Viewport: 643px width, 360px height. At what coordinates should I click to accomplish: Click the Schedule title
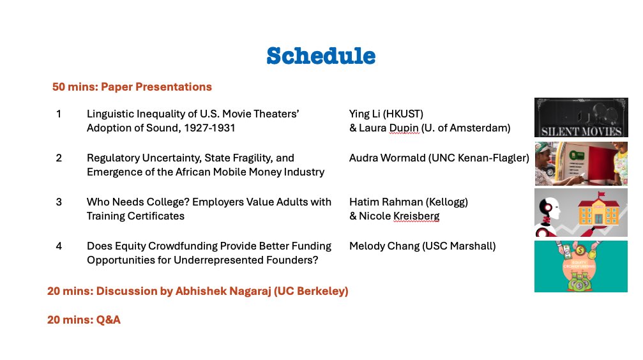click(321, 56)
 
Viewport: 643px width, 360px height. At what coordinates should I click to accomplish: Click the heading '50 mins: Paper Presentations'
click(132, 87)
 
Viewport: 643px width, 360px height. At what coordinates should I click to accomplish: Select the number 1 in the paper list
click(59, 114)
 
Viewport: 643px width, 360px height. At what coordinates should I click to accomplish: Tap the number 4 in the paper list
click(59, 246)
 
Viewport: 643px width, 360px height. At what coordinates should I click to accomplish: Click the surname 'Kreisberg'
click(416, 216)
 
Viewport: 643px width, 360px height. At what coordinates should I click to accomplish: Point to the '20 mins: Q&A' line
click(84, 320)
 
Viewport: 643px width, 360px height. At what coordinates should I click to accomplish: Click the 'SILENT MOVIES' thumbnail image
click(580, 117)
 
